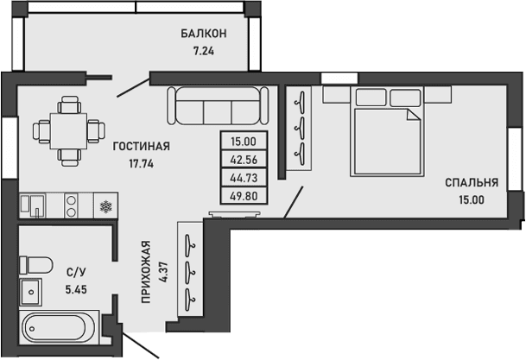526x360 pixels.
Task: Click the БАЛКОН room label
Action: click(x=204, y=34)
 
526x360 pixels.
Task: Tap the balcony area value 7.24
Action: click(x=204, y=50)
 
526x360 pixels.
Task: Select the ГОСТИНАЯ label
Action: click(x=141, y=146)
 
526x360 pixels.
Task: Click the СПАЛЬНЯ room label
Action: click(x=472, y=182)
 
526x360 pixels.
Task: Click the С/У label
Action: click(x=76, y=270)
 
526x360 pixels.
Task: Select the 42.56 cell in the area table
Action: click(x=244, y=160)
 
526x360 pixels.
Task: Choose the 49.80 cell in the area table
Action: click(x=244, y=195)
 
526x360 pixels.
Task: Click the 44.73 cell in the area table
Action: click(x=244, y=178)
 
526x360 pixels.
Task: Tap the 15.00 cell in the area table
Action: click(x=244, y=142)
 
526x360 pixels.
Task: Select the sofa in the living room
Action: click(x=216, y=106)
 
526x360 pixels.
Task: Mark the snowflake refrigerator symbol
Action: click(x=106, y=205)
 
